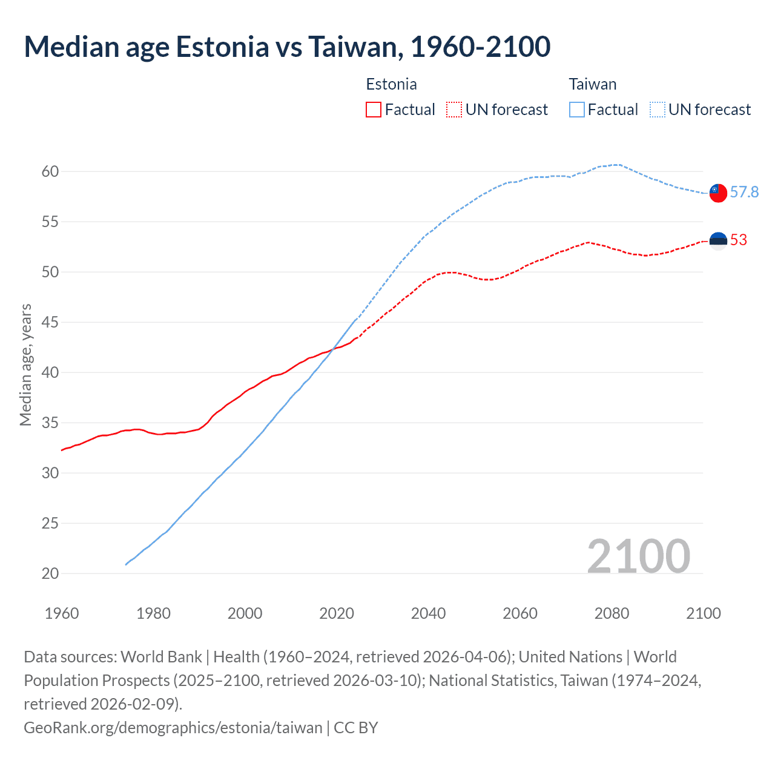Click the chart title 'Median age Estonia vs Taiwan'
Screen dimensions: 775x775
tap(287, 47)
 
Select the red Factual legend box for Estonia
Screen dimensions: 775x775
tap(374, 110)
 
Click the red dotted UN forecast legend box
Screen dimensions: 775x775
tap(454, 110)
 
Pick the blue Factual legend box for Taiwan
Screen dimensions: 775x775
tap(577, 110)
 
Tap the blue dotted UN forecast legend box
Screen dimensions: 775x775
tap(657, 110)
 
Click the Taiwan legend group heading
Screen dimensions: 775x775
tap(592, 84)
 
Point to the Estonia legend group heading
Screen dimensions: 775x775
tap(391, 84)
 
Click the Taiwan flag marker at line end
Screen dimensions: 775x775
tap(717, 193)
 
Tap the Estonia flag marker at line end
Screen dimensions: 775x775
tap(717, 240)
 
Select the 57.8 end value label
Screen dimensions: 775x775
tap(744, 192)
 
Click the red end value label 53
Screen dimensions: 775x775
tap(738, 240)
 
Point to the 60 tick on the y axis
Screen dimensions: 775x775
tap(50, 171)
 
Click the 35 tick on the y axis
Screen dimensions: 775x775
tap(50, 423)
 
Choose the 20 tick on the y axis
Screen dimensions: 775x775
tap(50, 573)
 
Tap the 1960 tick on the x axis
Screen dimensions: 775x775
tap(62, 613)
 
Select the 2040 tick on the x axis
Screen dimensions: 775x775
tap(428, 613)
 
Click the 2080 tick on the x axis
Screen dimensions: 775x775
tap(612, 613)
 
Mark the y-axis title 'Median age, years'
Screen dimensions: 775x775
tap(25, 365)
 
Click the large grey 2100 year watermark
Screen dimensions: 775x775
tap(638, 556)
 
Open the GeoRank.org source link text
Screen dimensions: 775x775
tap(173, 727)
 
